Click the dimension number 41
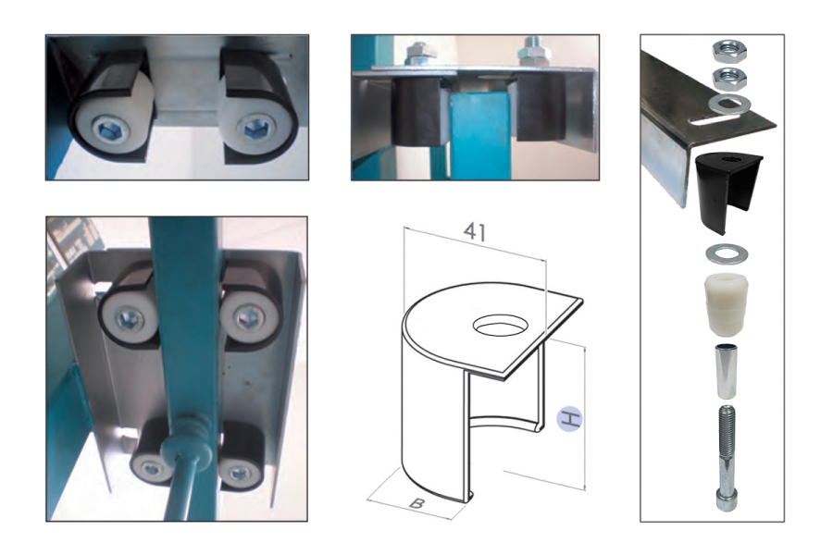click(475, 231)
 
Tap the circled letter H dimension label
click(569, 418)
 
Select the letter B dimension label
click(416, 502)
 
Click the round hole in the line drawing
click(498, 326)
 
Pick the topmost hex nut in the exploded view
click(729, 51)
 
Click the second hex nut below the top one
click(729, 78)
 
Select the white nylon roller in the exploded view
click(727, 305)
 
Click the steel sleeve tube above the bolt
click(726, 372)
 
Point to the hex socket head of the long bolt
click(727, 500)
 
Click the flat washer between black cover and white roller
click(727, 253)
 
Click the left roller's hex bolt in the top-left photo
click(109, 129)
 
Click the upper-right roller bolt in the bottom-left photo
click(247, 318)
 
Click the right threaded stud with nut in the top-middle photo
click(532, 52)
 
